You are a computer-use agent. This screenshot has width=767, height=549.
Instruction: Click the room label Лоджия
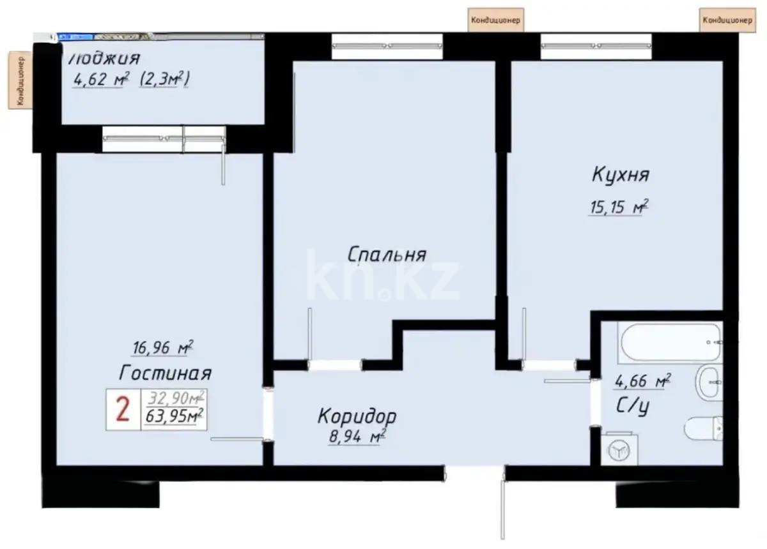[x=104, y=59]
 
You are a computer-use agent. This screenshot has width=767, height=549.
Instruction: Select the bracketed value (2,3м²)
[x=166, y=80]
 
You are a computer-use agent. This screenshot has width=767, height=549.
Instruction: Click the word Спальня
[x=387, y=255]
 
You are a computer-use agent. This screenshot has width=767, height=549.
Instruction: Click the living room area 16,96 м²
[x=160, y=349]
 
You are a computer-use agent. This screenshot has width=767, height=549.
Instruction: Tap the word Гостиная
[x=165, y=372]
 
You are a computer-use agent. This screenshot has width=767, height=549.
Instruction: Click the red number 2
[x=122, y=409]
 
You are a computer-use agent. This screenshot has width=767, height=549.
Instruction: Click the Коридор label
[x=357, y=417]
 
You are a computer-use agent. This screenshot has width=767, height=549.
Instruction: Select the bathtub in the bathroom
[x=670, y=342]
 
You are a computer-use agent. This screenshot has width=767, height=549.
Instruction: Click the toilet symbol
[x=704, y=428]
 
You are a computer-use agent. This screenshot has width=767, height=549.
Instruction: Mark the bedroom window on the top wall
[x=387, y=46]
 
